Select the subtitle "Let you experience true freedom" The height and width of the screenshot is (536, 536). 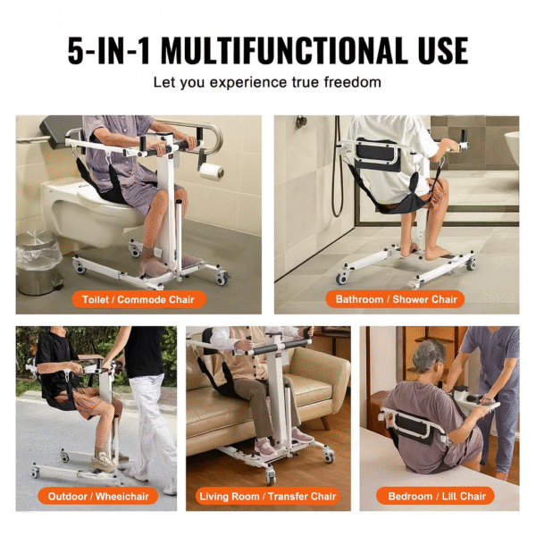point(267,82)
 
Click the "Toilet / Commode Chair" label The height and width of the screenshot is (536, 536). point(138,299)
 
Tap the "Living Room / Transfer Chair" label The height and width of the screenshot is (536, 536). point(268,495)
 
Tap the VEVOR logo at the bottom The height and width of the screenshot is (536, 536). point(268,523)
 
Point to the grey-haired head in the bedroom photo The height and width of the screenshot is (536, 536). point(429,356)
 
